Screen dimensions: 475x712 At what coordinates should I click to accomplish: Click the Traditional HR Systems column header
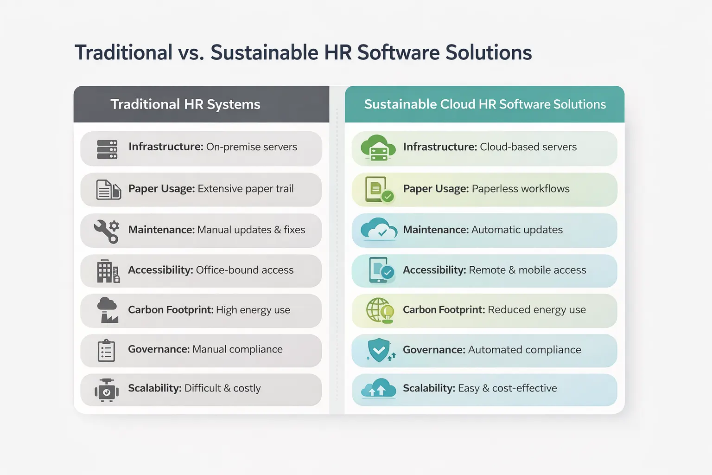click(x=185, y=104)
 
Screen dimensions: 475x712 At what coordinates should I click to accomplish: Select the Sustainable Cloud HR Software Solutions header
click(x=485, y=104)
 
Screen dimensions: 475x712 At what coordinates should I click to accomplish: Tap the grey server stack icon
click(x=107, y=149)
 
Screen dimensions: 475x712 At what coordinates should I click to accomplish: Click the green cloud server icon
click(x=378, y=148)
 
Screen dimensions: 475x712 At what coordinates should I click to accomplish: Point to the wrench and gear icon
click(x=107, y=231)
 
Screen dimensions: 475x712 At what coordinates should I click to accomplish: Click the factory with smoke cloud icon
click(x=108, y=310)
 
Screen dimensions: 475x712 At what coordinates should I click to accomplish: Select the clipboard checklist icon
click(x=106, y=350)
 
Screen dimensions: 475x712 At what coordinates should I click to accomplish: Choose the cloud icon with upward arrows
click(x=378, y=389)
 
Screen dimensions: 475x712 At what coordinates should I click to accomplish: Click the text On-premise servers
click(x=251, y=147)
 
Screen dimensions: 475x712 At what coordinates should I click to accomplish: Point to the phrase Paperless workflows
click(x=521, y=189)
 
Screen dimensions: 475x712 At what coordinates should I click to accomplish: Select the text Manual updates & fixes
click(x=251, y=230)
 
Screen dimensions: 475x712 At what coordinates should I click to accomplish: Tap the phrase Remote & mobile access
click(x=528, y=270)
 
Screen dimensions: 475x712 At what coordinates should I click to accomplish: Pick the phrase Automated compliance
click(x=524, y=350)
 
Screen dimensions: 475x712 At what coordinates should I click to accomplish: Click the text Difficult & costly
click(x=222, y=388)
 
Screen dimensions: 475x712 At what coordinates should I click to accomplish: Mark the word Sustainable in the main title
click(x=264, y=52)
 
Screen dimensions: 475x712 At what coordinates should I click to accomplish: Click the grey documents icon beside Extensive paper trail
click(x=108, y=190)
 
